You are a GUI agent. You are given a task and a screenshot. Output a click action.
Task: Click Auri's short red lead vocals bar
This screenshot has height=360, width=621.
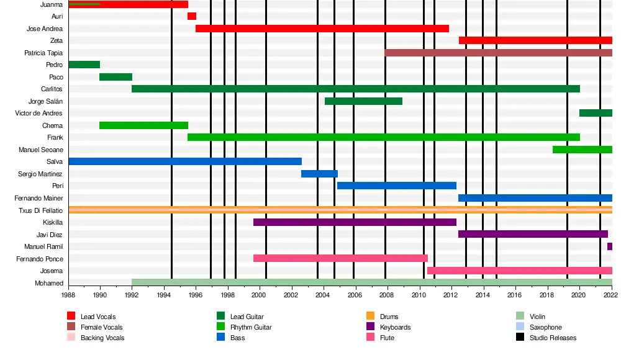pyautogui.click(x=192, y=16)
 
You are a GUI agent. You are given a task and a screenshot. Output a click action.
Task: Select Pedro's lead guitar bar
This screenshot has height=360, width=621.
pyautogui.click(x=84, y=65)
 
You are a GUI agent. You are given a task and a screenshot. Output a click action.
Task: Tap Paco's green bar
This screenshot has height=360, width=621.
pyautogui.click(x=116, y=77)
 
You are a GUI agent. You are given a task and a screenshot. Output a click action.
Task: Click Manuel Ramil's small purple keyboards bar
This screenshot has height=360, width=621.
pyautogui.click(x=610, y=246)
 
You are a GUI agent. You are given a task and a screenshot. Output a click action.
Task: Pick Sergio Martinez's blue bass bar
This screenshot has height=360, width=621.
pyautogui.click(x=319, y=174)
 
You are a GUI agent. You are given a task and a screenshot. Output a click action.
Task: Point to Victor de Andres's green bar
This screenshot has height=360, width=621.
pyautogui.click(x=596, y=113)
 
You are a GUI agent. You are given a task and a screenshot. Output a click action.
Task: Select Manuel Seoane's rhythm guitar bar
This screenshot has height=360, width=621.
pyautogui.click(x=582, y=150)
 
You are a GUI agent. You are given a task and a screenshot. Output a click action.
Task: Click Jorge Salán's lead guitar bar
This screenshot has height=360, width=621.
pyautogui.click(x=363, y=101)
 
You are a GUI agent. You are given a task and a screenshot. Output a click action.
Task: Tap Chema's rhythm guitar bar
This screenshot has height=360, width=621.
pyautogui.click(x=143, y=125)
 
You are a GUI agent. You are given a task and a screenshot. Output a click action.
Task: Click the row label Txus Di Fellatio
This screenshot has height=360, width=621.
pyautogui.click(x=41, y=210)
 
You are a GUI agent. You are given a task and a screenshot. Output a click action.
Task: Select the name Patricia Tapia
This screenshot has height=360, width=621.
pyautogui.click(x=43, y=53)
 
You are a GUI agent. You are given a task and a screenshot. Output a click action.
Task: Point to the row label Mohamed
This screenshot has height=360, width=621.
pyautogui.click(x=49, y=284)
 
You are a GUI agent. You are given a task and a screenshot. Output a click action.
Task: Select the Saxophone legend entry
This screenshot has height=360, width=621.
pyautogui.click(x=545, y=328)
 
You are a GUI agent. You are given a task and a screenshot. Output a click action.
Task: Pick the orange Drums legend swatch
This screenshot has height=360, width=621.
pyautogui.click(x=370, y=317)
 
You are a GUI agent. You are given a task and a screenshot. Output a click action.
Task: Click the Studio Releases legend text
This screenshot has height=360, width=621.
pyautogui.click(x=553, y=338)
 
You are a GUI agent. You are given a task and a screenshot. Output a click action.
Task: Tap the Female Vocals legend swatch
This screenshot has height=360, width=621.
pyautogui.click(x=71, y=328)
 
